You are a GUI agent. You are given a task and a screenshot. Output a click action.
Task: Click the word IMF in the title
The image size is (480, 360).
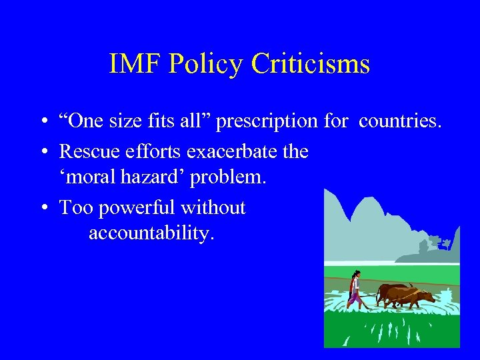(x=135, y=65)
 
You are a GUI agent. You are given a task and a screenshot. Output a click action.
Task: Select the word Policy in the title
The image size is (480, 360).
(x=207, y=65)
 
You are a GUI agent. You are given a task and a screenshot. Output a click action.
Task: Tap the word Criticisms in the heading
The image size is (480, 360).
(x=311, y=65)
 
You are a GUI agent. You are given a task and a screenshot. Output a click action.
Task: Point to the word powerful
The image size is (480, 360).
(x=137, y=207)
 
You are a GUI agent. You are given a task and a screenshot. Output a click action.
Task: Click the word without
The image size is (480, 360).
(x=213, y=207)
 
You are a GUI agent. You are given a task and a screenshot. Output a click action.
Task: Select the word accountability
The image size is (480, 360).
(x=151, y=233)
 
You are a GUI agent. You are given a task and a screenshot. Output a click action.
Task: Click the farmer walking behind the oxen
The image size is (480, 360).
(x=356, y=288)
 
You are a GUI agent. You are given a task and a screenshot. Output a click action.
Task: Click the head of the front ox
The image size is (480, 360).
(x=428, y=296)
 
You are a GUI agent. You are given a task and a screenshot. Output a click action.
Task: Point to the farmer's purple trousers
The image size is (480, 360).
(x=354, y=298)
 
